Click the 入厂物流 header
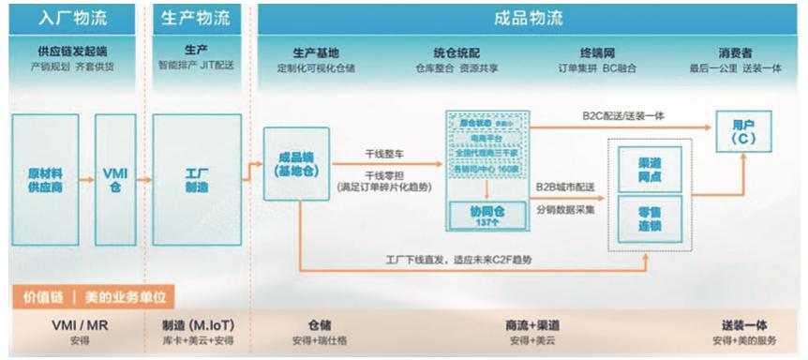pos(72,18)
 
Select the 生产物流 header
pos(195,18)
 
